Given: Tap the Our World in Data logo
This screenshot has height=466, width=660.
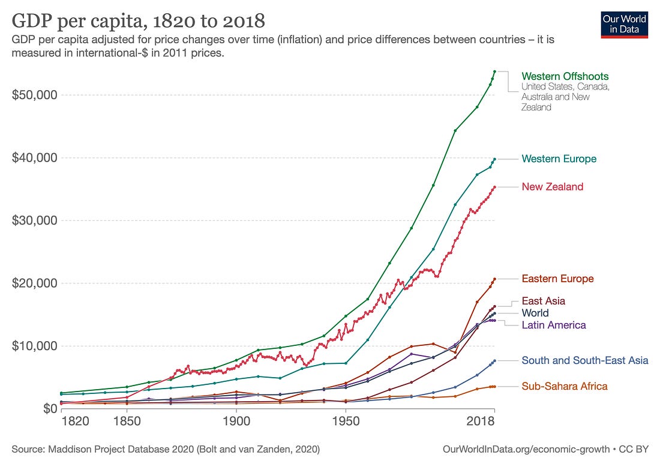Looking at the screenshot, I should pos(624,24).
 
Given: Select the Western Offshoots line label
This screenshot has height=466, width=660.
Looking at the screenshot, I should pos(565,76).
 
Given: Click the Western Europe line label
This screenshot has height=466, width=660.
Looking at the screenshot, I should pos(559,159).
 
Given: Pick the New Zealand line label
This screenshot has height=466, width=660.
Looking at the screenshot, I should pos(552,187).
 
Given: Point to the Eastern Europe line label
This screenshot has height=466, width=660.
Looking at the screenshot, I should pos(557,279).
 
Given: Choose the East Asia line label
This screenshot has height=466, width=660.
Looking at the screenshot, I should pos(543,301).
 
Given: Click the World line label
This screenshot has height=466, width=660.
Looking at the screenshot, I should pos(535,313).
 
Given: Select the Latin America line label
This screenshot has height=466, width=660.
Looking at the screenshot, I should pos(553,325).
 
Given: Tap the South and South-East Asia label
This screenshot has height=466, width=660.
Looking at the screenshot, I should pos(584,360).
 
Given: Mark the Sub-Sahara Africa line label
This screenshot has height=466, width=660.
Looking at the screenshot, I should pos(564,386).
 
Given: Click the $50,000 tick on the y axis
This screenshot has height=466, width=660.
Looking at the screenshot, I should pos(35,95).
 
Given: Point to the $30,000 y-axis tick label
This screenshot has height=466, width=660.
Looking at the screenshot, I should pos(35,220).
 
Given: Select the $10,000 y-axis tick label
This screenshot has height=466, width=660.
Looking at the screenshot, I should pos(35,346).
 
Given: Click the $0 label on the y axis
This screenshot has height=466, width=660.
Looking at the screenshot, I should pos(47,408).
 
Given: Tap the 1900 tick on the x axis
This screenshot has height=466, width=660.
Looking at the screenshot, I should pos(236,422).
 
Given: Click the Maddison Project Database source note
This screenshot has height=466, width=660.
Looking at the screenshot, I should pos(165,449).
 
